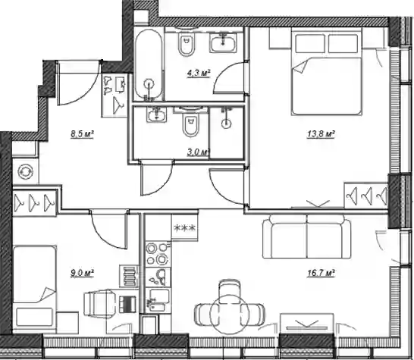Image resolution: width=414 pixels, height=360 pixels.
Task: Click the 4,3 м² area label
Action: [x=199, y=73]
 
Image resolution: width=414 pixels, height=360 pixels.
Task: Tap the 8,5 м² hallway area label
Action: [x=82, y=134]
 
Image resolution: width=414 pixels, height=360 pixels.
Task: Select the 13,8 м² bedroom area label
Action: [x=321, y=134]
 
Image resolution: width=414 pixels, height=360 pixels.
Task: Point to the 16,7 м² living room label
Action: [x=321, y=273]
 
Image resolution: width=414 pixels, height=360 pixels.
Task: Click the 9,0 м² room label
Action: [x=82, y=273]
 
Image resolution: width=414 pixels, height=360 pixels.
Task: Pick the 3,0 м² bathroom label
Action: [x=199, y=152]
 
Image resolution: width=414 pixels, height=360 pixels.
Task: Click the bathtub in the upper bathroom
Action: [x=149, y=64]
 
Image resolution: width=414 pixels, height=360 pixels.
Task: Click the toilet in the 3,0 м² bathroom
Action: [x=191, y=124]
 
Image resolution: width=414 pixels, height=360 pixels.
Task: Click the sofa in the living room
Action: [x=307, y=236]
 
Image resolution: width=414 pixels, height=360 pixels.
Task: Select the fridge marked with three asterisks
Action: [x=184, y=227]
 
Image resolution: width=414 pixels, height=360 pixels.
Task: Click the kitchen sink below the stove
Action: [x=158, y=277]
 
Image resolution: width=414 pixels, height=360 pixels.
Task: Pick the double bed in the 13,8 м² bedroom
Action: [x=326, y=71]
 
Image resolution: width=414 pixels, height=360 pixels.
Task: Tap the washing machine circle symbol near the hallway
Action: [x=26, y=171]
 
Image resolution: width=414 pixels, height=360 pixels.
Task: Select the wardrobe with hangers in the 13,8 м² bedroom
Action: [x=366, y=195]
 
